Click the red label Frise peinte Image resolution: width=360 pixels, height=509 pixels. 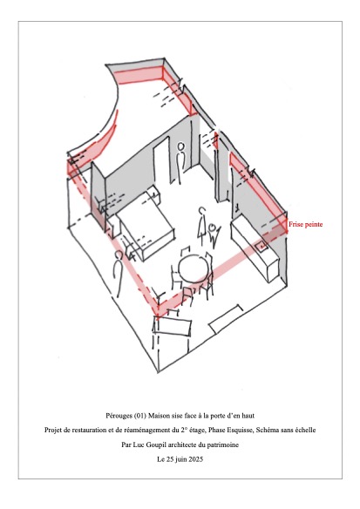coord(305,224)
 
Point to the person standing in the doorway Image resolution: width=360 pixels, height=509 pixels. coord(180,162)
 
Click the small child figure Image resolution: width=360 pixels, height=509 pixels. coord(213,235)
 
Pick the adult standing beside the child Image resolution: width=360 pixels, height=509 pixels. coord(202,225)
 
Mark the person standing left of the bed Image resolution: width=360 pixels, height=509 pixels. coord(119,274)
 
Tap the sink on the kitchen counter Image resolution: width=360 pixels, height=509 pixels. coord(262,246)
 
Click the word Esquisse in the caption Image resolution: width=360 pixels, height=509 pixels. coord(238,430)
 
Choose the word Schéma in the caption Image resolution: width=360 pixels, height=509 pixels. coord(267,430)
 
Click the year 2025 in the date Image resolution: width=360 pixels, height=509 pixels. coord(196,459)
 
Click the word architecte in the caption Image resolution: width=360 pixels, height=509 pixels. coord(181,445)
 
